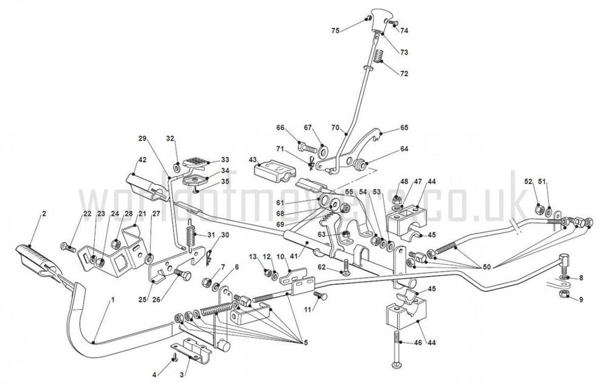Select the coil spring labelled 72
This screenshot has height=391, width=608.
(378, 58)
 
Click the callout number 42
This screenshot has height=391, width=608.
(142, 159)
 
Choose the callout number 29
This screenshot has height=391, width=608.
(143, 139)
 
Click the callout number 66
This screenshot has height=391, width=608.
(280, 128)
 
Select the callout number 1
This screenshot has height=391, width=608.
(111, 300)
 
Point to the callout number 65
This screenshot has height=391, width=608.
(405, 128)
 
